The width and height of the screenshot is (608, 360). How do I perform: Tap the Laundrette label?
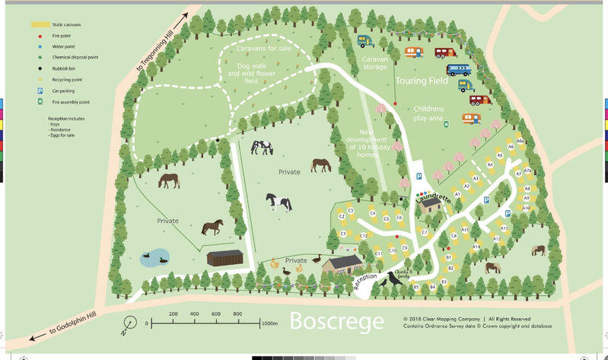point(433,195)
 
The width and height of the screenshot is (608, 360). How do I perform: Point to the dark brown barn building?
point(224,259)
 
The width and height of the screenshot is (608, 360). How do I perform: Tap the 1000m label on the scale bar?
point(269,323)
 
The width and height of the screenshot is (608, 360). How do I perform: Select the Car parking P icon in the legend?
point(38,90)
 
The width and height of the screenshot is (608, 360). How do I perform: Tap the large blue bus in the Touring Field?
point(458,70)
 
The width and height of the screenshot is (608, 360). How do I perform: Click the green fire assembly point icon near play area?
point(447,124)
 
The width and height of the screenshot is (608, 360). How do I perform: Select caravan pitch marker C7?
point(425,231)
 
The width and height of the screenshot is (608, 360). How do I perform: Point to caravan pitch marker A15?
point(464,229)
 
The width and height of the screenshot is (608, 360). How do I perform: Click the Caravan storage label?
point(374,62)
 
